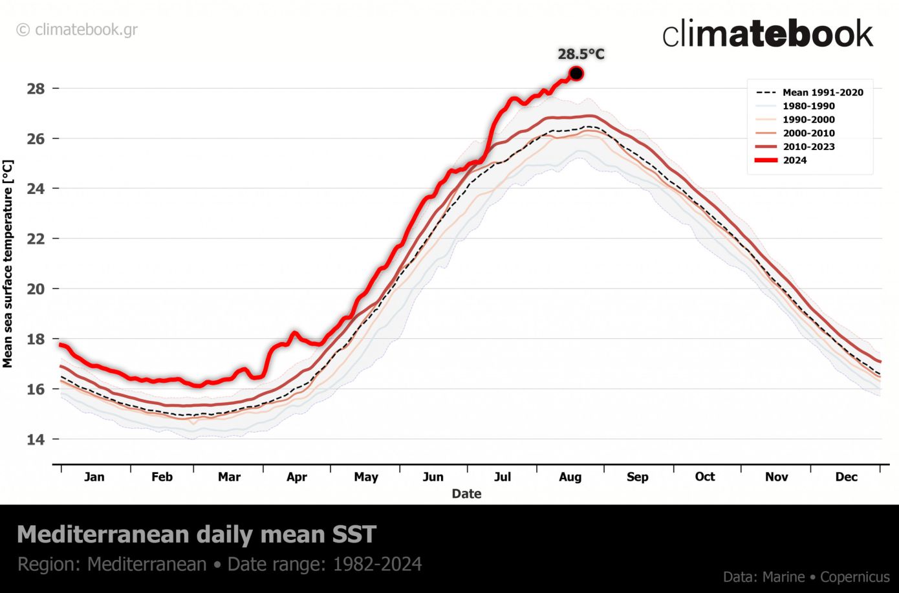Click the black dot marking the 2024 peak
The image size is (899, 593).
pyautogui.click(x=576, y=74)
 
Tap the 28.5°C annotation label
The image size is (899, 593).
pyautogui.click(x=581, y=54)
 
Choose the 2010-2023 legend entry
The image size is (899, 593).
pyautogui.click(x=808, y=147)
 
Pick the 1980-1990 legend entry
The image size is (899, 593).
pyautogui.click(x=808, y=106)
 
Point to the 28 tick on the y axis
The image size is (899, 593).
pyautogui.click(x=36, y=89)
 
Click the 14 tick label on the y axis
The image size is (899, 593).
pyautogui.click(x=36, y=439)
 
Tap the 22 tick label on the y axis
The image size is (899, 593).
pyautogui.click(x=36, y=239)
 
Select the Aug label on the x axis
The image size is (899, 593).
pyautogui.click(x=570, y=477)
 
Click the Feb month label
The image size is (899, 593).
pyautogui.click(x=162, y=477)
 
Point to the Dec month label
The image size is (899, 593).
pyautogui.click(x=846, y=477)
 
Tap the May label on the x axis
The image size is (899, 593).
pyautogui.click(x=365, y=477)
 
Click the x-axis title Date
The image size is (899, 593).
pyautogui.click(x=466, y=494)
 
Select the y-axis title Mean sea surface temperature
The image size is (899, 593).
pyautogui.click(x=8, y=264)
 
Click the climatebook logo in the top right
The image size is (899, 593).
pyautogui.click(x=767, y=34)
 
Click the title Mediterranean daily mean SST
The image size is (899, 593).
pyautogui.click(x=196, y=535)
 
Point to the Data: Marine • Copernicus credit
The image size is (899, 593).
pyautogui.click(x=806, y=577)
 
